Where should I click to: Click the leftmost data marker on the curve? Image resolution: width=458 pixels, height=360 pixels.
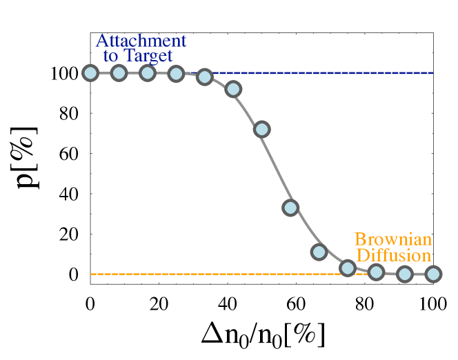90,73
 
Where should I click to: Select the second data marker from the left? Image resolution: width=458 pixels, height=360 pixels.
119,73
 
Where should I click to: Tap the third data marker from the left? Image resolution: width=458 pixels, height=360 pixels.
147,73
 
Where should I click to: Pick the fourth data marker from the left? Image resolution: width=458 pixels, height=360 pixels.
176,74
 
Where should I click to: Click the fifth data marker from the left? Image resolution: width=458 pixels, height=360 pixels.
204,77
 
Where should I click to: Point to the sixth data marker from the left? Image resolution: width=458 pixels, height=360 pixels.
233,89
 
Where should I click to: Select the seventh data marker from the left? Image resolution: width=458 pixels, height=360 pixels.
261,129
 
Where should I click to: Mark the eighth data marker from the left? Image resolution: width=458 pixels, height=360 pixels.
290,208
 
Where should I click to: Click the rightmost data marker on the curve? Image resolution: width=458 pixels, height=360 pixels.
433,274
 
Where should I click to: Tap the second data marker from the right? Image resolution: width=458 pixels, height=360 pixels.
405,274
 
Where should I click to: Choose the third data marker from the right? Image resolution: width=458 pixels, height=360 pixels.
376,272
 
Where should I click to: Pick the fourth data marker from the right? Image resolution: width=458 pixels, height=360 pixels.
348,268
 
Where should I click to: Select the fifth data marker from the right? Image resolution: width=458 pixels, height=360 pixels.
319,252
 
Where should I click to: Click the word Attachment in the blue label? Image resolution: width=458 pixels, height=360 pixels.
141,41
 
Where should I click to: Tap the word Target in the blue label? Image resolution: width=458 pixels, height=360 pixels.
148,56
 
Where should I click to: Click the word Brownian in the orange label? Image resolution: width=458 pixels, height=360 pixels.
393,240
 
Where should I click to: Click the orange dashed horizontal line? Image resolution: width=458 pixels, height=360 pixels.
207,274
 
